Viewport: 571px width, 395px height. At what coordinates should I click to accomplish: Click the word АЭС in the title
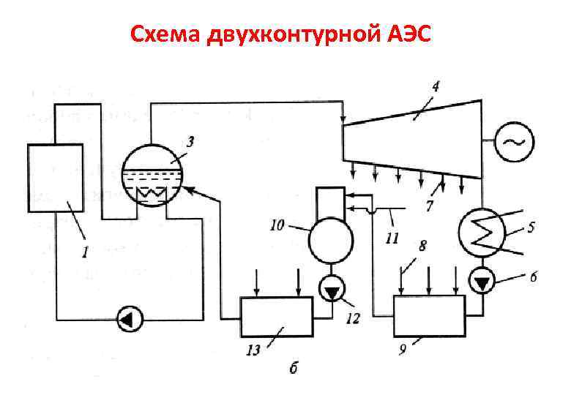pos(407,34)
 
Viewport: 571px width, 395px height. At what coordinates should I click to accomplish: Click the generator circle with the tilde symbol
pos(515,142)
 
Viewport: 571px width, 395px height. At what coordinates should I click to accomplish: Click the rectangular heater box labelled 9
pos(430,315)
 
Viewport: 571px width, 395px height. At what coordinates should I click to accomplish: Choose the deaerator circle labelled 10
pos(330,240)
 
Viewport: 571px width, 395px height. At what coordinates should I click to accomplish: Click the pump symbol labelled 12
pos(334,292)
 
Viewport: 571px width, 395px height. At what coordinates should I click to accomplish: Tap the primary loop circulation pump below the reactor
pos(130,319)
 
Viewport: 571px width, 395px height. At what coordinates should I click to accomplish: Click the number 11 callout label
pos(392,237)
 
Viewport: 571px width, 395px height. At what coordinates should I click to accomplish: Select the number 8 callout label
pos(422,248)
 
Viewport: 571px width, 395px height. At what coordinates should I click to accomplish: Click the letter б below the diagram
pos(293,368)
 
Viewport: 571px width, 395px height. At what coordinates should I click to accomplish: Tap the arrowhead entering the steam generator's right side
pos(188,191)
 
